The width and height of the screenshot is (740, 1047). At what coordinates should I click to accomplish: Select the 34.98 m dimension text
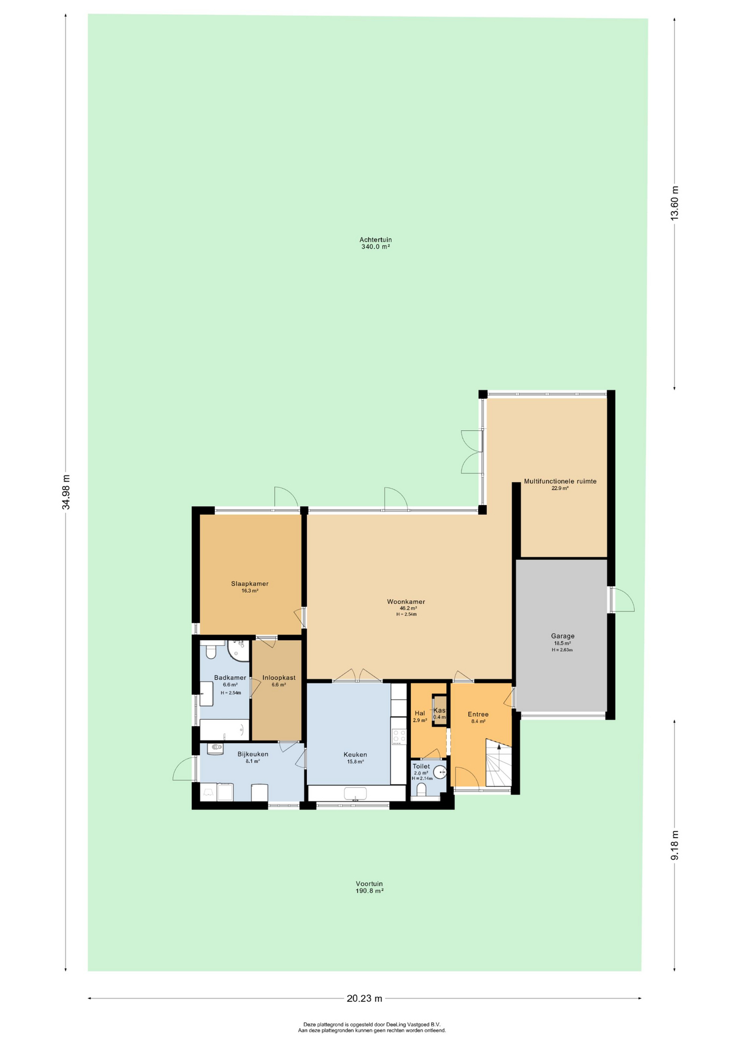coord(66,492)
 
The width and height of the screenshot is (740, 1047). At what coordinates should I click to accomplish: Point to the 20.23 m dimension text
coord(365,998)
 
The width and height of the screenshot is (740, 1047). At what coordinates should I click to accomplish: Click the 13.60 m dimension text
coord(675,203)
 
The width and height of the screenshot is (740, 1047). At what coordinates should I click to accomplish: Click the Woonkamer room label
coord(406,601)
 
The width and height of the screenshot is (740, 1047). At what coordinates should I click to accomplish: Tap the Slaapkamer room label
coord(250,583)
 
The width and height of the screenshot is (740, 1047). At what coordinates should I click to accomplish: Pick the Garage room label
coord(562,636)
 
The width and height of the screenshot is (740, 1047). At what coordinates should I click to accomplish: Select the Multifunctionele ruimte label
coord(560,482)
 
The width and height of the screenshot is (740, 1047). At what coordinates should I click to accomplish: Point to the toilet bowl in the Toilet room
coord(421,790)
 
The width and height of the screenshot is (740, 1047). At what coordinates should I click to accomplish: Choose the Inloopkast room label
coord(278,678)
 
